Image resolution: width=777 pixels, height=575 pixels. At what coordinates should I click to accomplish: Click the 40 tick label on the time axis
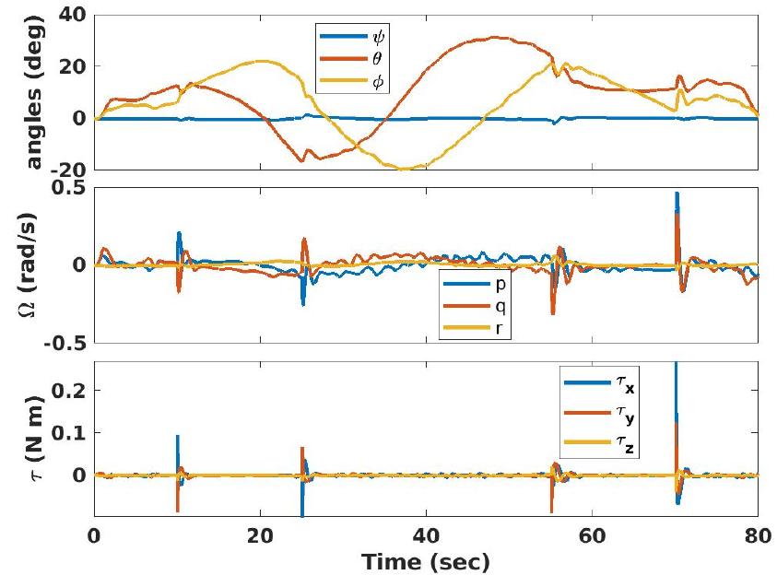426,534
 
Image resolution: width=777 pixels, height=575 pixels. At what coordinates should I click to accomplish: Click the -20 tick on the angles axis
72,170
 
